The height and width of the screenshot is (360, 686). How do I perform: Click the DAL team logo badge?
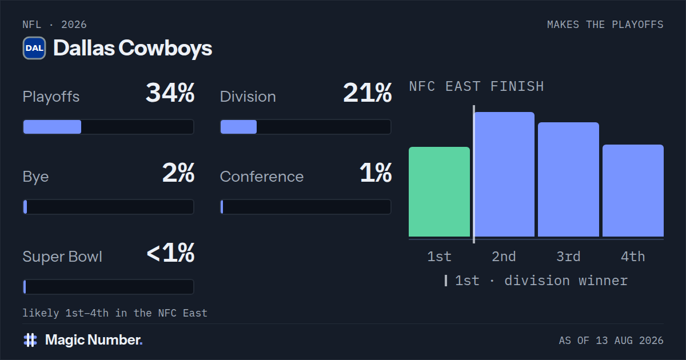pyautogui.click(x=34, y=48)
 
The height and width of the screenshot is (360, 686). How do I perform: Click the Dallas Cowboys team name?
pyautogui.click(x=133, y=49)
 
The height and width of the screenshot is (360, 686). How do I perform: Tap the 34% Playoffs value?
pyautogui.click(x=170, y=93)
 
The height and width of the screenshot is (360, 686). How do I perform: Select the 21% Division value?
pyautogui.click(x=367, y=93)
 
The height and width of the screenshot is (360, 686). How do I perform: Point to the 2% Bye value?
pyautogui.click(x=178, y=173)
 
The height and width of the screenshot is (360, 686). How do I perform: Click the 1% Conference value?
pyautogui.click(x=376, y=173)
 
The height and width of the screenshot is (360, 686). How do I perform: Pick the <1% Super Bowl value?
pyautogui.click(x=170, y=253)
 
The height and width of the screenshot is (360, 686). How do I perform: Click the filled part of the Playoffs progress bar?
pyautogui.click(x=53, y=127)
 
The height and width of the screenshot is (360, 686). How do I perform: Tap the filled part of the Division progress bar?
pyautogui.click(x=238, y=127)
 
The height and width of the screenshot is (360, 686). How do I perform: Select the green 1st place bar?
pyautogui.click(x=439, y=191)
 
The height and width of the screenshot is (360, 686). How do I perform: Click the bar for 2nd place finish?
pyautogui.click(x=504, y=174)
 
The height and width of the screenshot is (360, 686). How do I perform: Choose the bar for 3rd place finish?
pyautogui.click(x=568, y=179)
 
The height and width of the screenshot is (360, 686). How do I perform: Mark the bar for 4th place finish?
pyautogui.click(x=633, y=191)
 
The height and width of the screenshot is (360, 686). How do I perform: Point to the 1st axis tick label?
pyautogui.click(x=439, y=257)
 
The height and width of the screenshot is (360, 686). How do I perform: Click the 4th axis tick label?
pyautogui.click(x=633, y=257)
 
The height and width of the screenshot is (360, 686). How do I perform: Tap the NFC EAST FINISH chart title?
pyautogui.click(x=477, y=86)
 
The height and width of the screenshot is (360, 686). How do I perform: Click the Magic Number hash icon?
pyautogui.click(x=30, y=340)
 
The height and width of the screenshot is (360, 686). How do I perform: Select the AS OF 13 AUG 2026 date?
pyautogui.click(x=611, y=341)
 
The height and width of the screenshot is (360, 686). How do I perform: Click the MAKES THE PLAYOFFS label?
pyautogui.click(x=605, y=25)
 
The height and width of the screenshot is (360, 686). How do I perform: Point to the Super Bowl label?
pyautogui.click(x=62, y=257)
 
